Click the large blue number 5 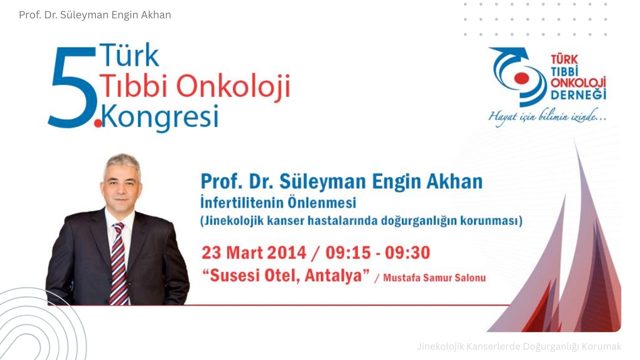click(x=73, y=87)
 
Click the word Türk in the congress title click(x=129, y=55)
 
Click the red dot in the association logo click(x=521, y=78)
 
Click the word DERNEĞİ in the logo click(x=578, y=94)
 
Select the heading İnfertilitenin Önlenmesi click(x=278, y=203)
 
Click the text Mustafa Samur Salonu click(x=434, y=278)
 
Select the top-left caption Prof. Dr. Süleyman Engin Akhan click(x=95, y=15)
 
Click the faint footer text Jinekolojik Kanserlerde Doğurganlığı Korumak click(x=519, y=347)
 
